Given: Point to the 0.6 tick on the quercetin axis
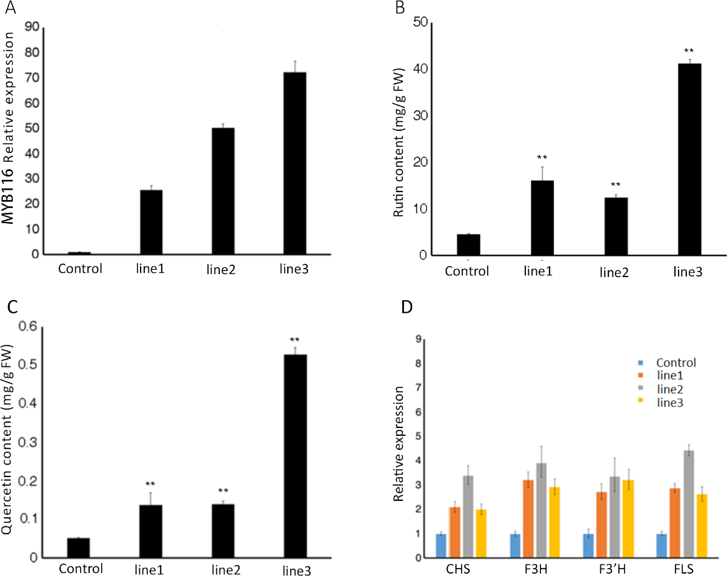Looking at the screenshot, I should [30, 327].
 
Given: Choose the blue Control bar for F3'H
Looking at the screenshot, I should [588, 546].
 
